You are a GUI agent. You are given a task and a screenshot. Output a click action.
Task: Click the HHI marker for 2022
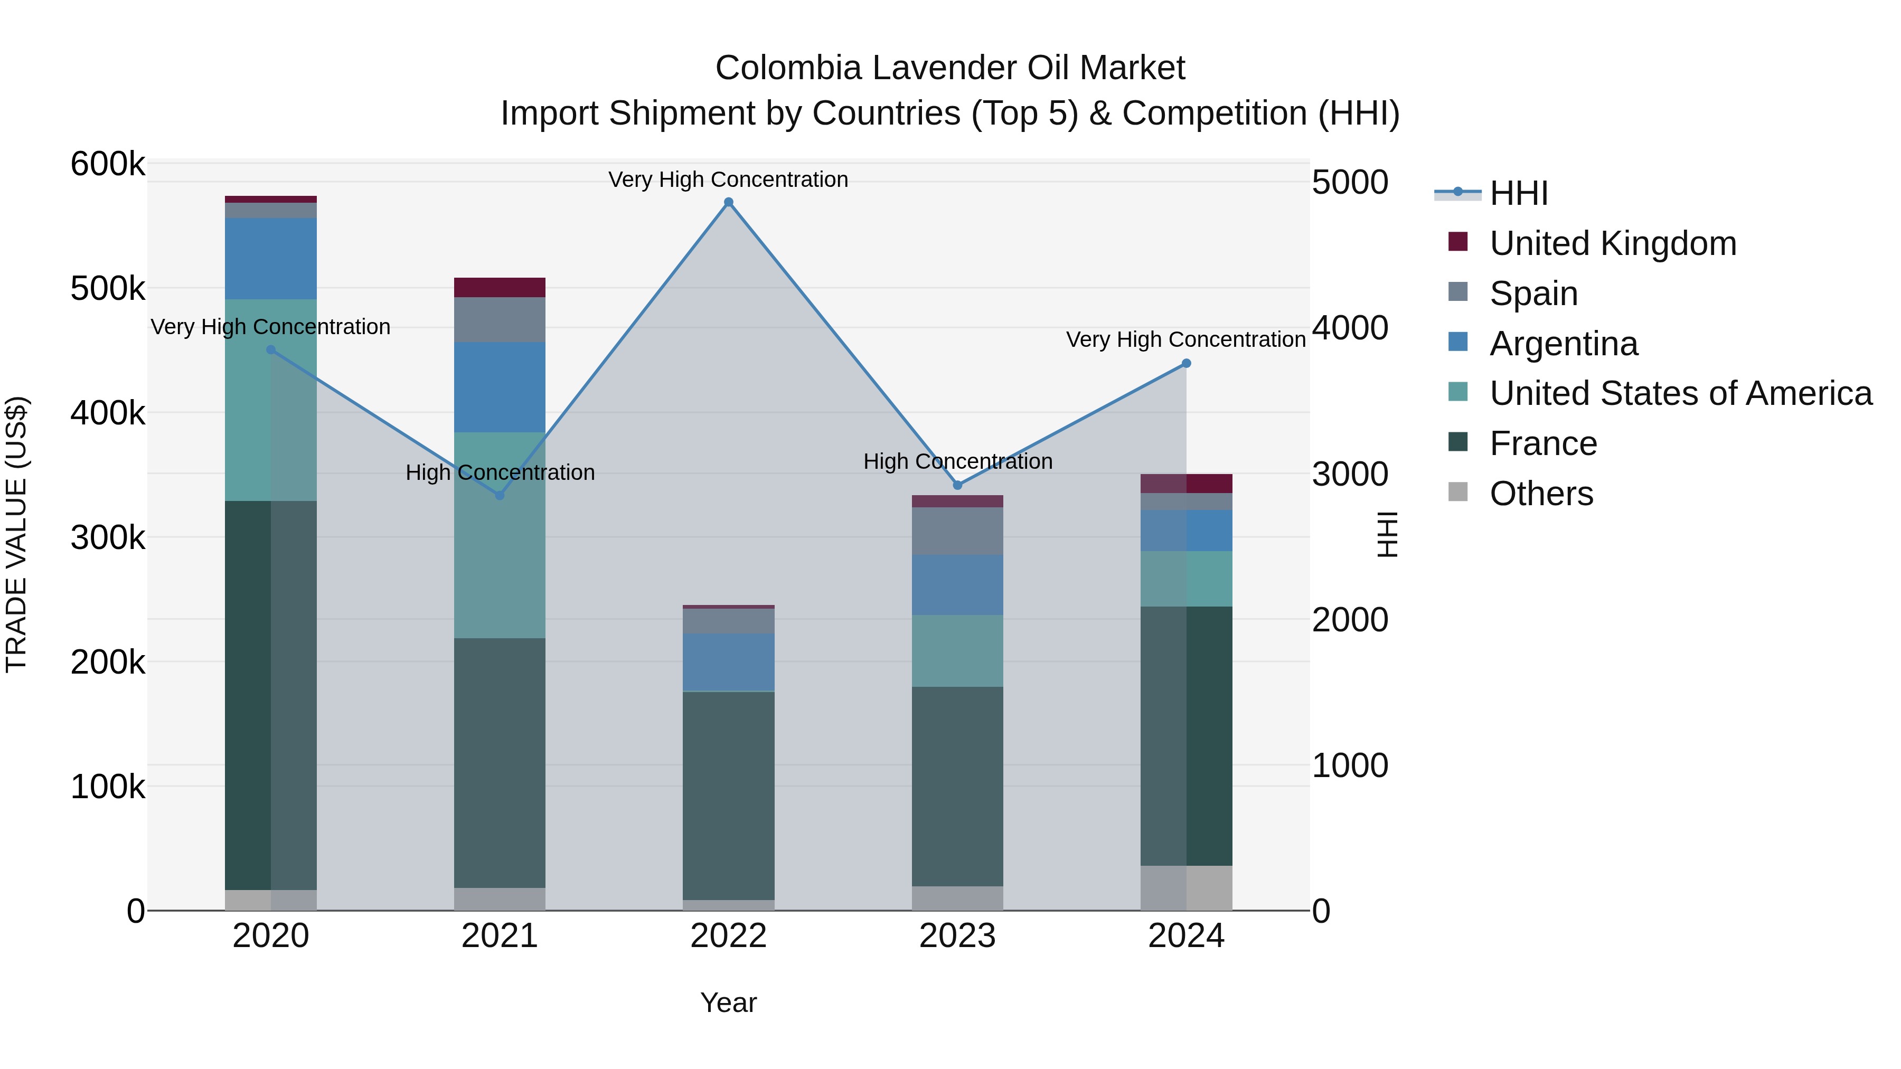click(x=728, y=202)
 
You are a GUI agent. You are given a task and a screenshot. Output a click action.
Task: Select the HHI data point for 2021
click(x=500, y=495)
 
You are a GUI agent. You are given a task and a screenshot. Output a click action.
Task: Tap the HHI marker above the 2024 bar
click(x=1186, y=363)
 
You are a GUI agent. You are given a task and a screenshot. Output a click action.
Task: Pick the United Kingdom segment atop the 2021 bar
click(x=500, y=287)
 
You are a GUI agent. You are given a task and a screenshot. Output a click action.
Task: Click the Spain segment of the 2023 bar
click(x=957, y=531)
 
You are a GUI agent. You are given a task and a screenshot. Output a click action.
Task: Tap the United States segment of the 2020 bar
click(x=271, y=399)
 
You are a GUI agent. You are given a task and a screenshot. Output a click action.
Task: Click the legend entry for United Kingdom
click(x=1613, y=243)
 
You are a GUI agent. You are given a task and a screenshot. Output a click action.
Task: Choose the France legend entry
click(x=1543, y=443)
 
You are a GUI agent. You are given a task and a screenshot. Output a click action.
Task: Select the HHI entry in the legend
click(x=1518, y=193)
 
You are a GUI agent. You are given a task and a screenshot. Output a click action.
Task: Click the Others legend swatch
click(x=1457, y=492)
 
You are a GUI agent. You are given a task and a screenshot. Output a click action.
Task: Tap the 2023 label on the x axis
click(x=957, y=936)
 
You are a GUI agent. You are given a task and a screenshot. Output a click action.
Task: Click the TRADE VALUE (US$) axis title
click(x=16, y=534)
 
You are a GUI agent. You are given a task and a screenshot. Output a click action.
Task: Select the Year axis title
click(x=728, y=1002)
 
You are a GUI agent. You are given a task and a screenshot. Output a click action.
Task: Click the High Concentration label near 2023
click(x=957, y=461)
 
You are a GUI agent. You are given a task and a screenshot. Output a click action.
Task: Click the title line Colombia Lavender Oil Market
click(x=950, y=68)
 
